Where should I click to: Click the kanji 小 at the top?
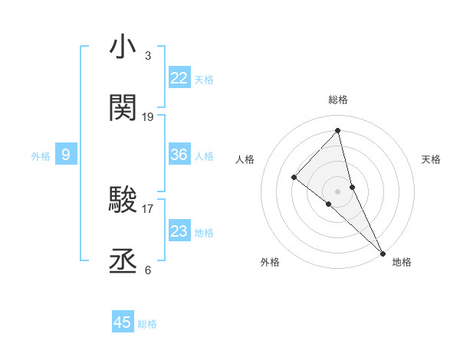(123, 47)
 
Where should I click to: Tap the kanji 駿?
(123, 200)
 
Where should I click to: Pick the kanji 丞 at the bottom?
(123, 261)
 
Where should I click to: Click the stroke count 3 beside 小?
(147, 56)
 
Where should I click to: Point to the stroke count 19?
(148, 116)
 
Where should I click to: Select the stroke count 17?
(148, 208)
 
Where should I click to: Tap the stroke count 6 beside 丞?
(147, 270)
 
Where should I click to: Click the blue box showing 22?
(179, 78)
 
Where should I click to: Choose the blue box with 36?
(179, 155)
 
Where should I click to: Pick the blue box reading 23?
(179, 231)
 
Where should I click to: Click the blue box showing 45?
(123, 322)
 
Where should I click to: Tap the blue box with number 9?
(66, 155)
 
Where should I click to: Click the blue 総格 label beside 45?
(147, 324)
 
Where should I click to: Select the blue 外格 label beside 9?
(41, 156)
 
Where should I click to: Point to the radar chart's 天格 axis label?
(431, 159)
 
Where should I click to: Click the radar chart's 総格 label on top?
(338, 100)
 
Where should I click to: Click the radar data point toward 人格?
(294, 178)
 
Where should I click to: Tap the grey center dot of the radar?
(338, 191)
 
